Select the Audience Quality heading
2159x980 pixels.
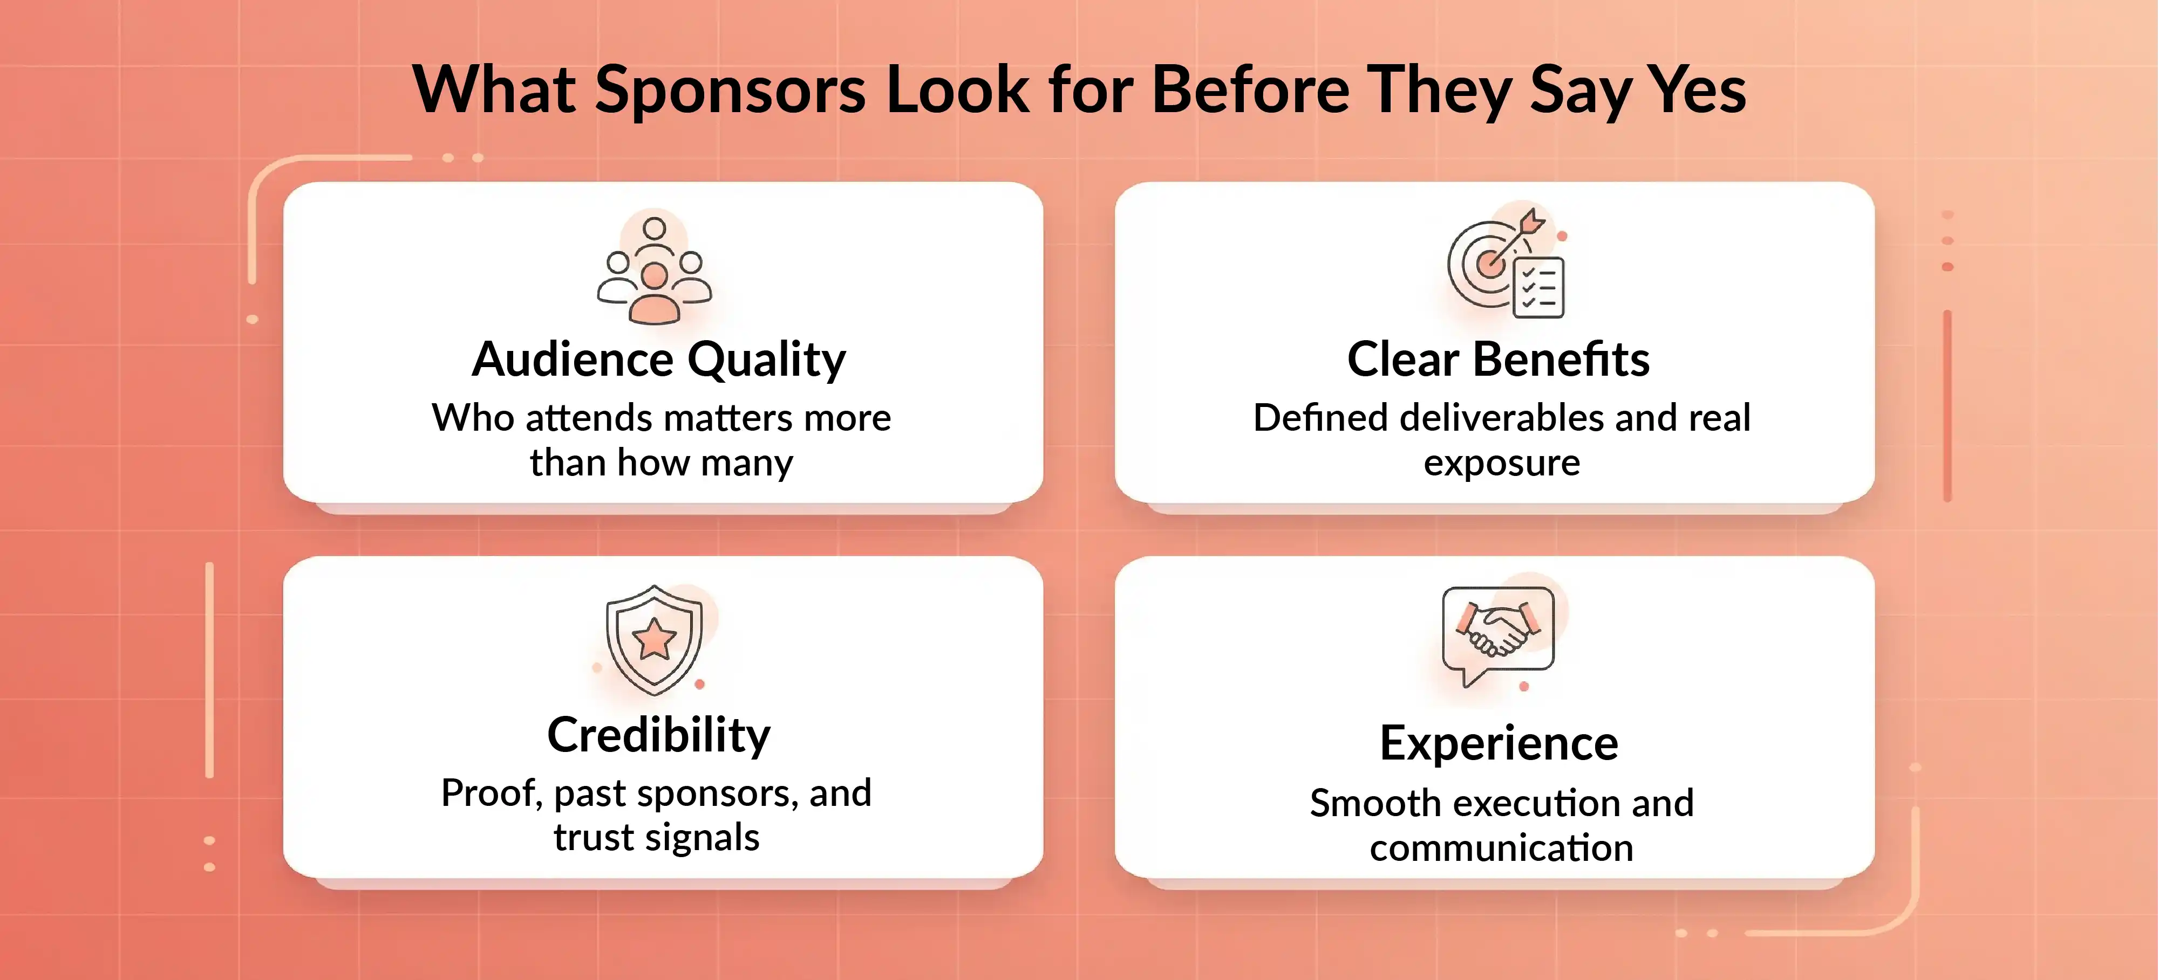click(x=659, y=360)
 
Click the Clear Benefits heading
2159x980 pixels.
click(x=1499, y=360)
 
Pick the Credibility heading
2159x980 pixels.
click(x=659, y=735)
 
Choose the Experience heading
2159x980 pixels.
click(x=1499, y=743)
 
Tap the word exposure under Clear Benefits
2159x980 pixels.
click(x=1502, y=463)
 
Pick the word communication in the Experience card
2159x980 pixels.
click(x=1502, y=848)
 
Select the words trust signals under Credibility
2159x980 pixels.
click(x=656, y=838)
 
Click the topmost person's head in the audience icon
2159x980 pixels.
click(x=655, y=228)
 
